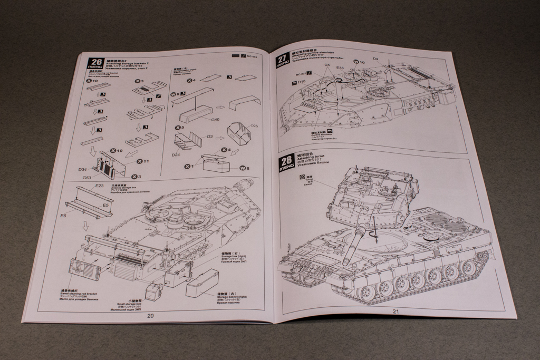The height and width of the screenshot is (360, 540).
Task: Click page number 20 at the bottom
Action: point(150,316)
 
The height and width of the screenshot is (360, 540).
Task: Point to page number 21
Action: point(396,311)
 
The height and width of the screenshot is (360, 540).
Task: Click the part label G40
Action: point(215,120)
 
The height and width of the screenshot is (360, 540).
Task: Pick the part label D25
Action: point(254,126)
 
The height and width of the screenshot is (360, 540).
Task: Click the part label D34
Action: point(82,170)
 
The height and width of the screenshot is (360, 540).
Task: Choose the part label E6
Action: point(63,216)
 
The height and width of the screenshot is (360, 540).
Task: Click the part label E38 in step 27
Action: point(340,68)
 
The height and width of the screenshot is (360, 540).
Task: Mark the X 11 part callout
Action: point(142,161)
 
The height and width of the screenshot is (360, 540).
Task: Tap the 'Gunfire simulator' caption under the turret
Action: point(320,134)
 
